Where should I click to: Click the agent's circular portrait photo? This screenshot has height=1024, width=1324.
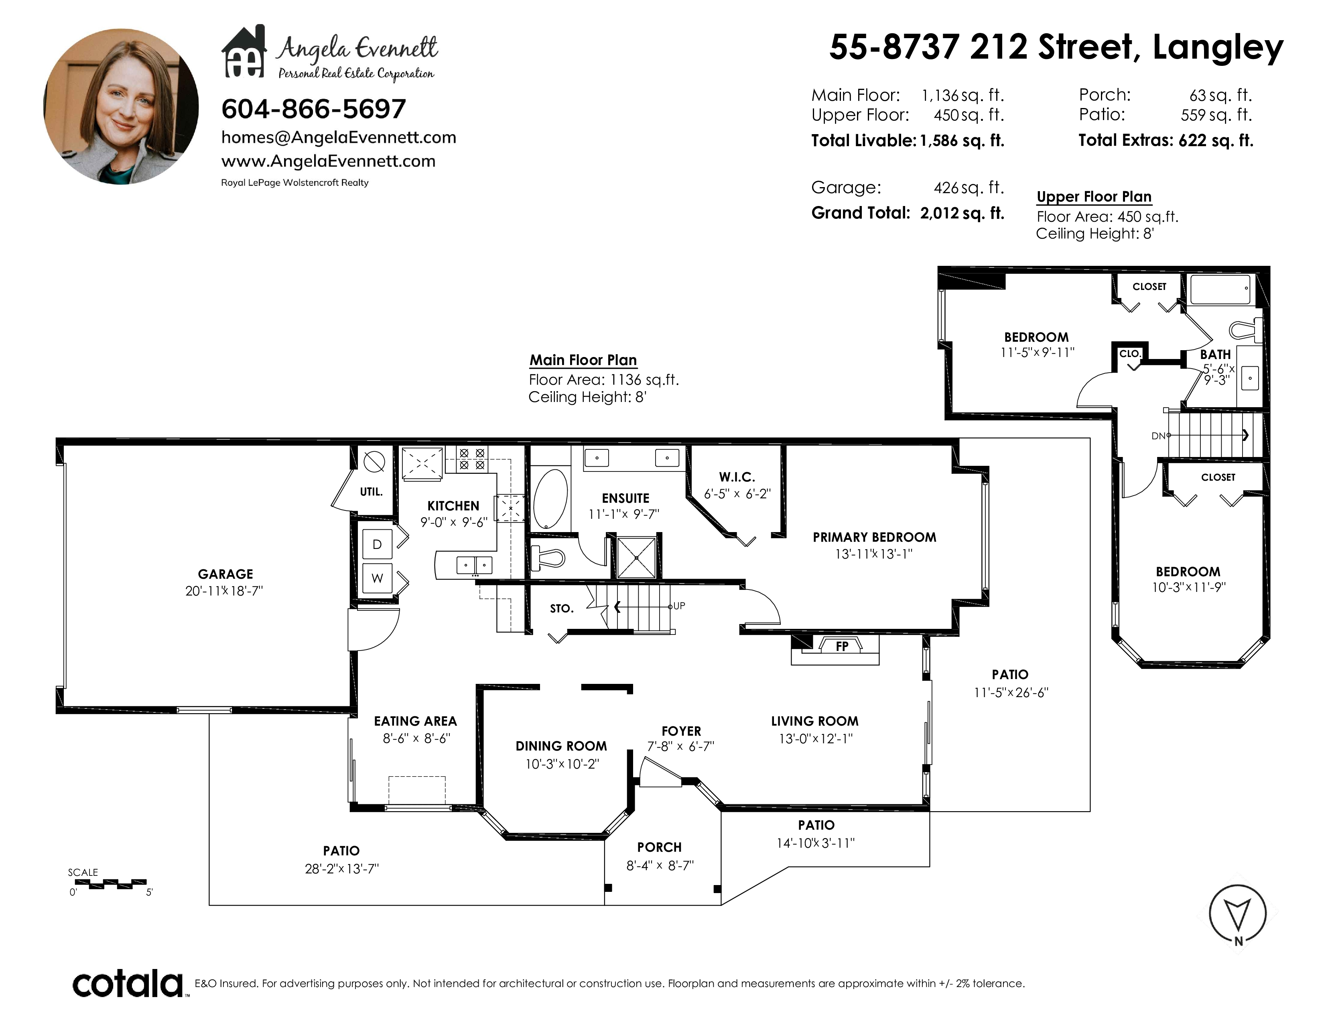pyautogui.click(x=121, y=107)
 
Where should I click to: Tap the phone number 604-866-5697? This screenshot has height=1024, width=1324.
pyautogui.click(x=313, y=109)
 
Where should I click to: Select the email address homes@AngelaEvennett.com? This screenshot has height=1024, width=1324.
pyautogui.click(x=338, y=138)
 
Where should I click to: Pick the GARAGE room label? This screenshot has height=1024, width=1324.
pyautogui.click(x=225, y=574)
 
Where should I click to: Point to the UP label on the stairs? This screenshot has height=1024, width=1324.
pyautogui.click(x=679, y=606)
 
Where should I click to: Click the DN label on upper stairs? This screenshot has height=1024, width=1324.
pyautogui.click(x=1158, y=436)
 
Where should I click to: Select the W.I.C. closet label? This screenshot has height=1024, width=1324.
pyautogui.click(x=737, y=477)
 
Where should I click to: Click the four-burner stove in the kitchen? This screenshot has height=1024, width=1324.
pyautogui.click(x=472, y=459)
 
